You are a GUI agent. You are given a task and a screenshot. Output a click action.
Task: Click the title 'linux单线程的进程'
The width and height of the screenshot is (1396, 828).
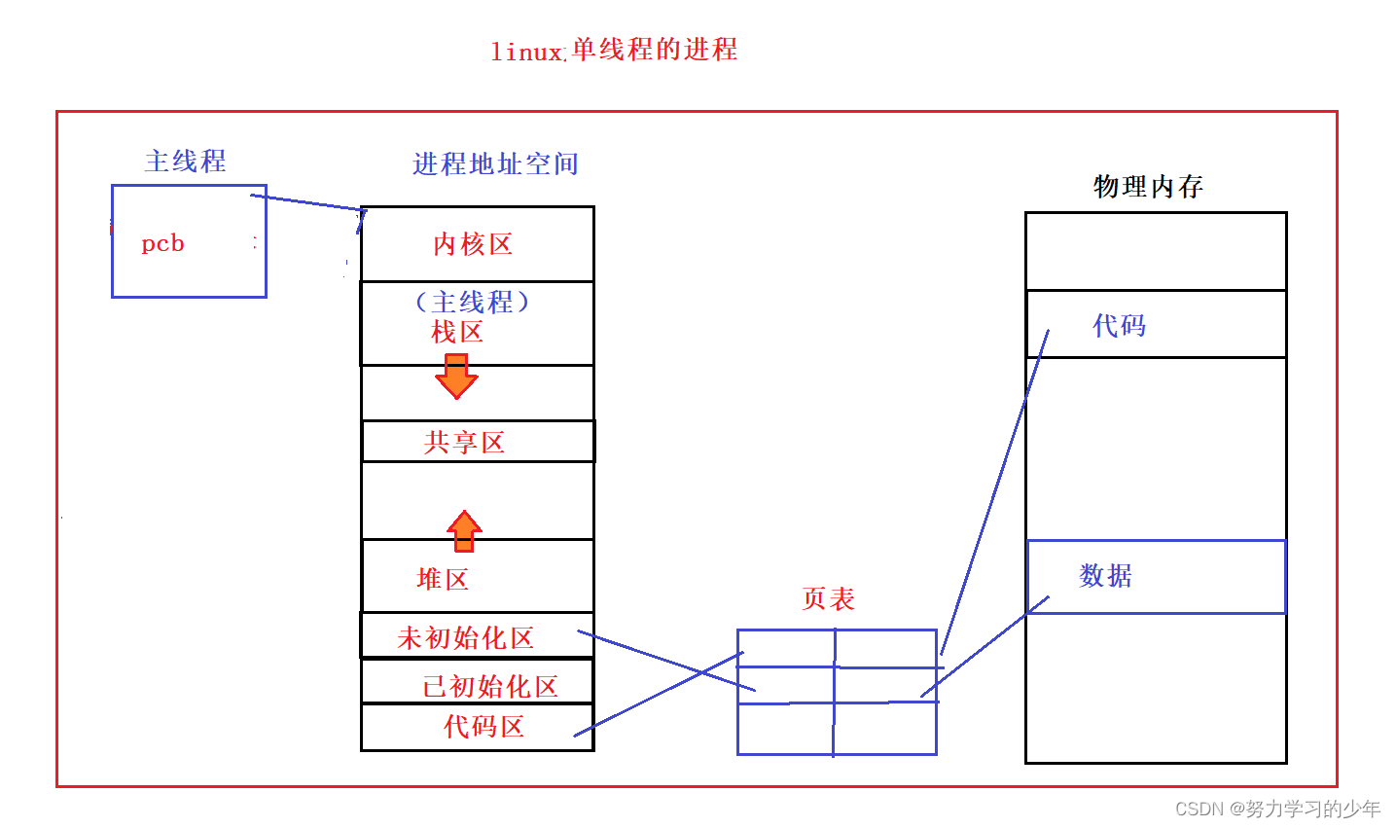click(x=614, y=50)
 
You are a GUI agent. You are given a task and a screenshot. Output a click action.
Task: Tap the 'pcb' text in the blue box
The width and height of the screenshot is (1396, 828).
click(x=162, y=243)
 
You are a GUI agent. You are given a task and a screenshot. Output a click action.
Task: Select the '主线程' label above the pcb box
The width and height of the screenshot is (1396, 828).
click(x=185, y=161)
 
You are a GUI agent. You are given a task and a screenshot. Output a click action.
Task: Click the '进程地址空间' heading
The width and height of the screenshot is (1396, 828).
click(x=495, y=163)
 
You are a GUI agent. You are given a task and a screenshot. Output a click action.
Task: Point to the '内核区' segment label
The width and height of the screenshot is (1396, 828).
click(x=473, y=244)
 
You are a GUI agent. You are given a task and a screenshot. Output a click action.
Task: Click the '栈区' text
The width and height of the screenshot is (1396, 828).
click(x=457, y=333)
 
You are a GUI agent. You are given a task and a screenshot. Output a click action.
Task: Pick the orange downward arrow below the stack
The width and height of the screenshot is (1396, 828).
click(x=456, y=377)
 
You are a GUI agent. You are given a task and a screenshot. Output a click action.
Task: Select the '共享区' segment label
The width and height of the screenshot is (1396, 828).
click(x=464, y=443)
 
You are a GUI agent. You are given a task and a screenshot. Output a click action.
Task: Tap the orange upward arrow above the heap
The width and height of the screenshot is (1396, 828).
click(x=464, y=530)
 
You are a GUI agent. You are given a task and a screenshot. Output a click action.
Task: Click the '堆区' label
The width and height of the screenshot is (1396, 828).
click(x=443, y=579)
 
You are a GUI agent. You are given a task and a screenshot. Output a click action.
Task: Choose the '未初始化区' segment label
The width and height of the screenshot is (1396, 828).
click(x=465, y=638)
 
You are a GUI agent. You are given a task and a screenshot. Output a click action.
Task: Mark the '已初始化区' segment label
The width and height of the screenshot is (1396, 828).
click(x=490, y=686)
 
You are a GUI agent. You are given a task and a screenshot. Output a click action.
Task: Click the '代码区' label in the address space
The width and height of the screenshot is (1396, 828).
click(x=483, y=726)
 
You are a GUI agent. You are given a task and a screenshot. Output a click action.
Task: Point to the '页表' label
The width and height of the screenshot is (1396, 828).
click(x=828, y=598)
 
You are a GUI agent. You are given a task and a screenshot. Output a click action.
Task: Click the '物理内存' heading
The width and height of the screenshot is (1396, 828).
click(x=1148, y=186)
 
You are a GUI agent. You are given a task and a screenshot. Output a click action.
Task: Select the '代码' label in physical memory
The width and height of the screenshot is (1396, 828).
click(x=1119, y=325)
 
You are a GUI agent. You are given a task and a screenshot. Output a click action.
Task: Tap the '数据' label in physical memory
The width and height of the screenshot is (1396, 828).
click(x=1105, y=575)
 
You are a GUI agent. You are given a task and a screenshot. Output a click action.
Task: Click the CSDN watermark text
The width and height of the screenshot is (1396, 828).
click(x=1277, y=809)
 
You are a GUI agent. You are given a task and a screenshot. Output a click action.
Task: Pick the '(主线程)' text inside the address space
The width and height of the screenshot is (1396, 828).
click(x=472, y=302)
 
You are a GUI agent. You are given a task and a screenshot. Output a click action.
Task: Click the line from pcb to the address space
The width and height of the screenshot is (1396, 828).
click(x=307, y=202)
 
